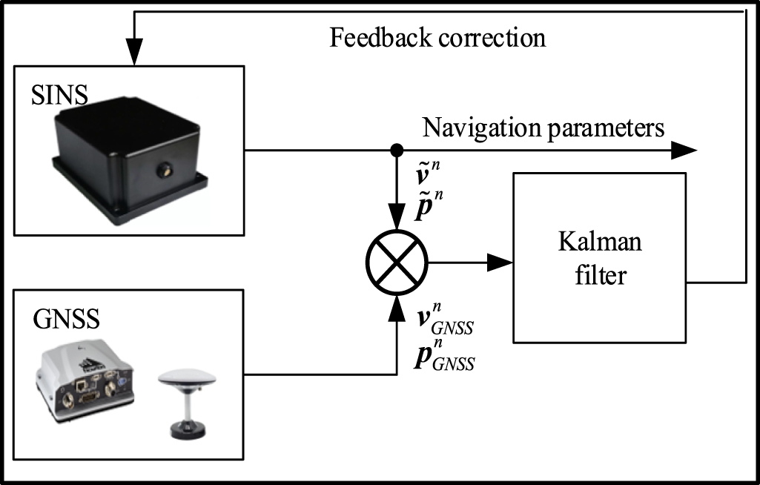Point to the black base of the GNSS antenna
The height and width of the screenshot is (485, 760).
coord(185,428)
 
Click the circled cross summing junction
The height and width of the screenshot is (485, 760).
coord(397,261)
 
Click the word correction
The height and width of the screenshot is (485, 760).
coord(500,38)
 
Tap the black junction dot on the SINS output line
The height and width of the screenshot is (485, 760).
coord(397,150)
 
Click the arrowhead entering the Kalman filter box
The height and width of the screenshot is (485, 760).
coord(501,261)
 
